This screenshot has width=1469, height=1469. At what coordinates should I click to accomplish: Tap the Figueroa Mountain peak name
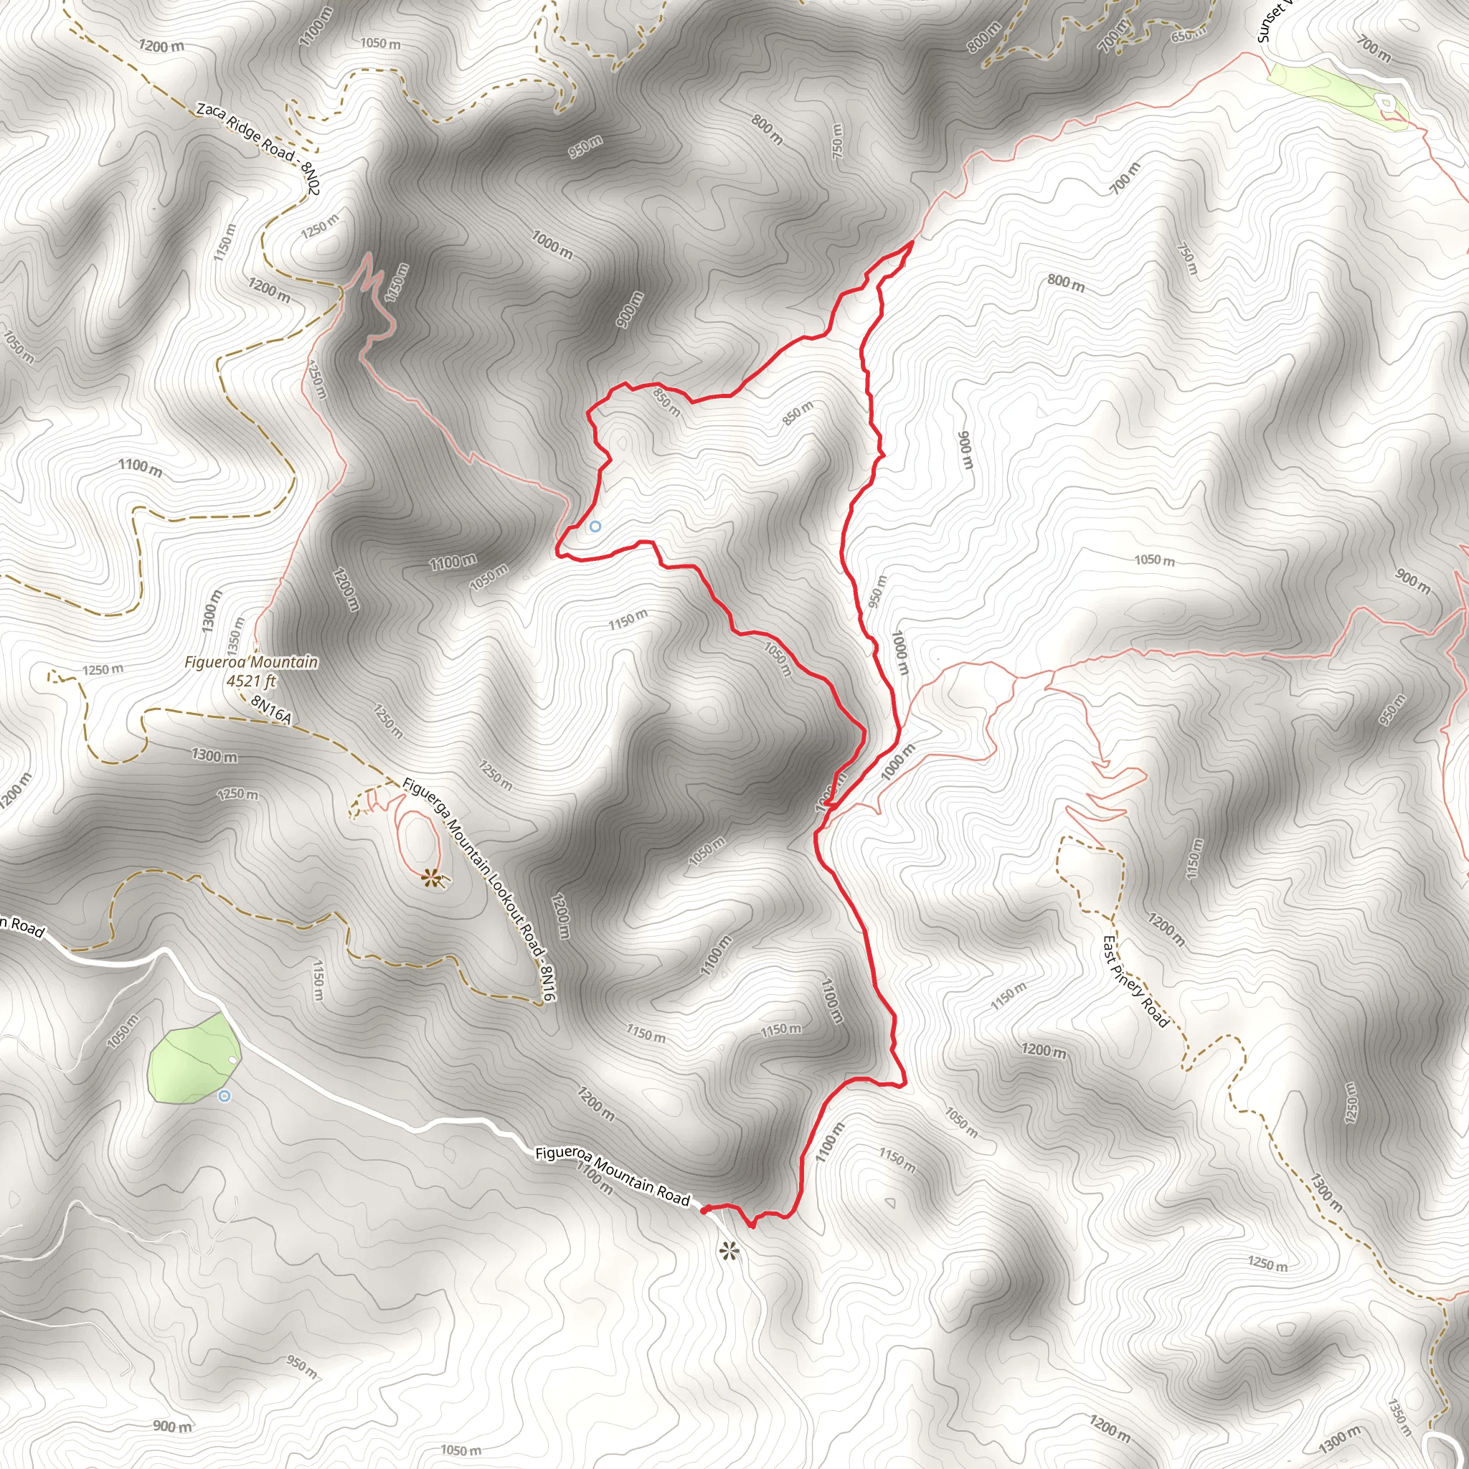251,662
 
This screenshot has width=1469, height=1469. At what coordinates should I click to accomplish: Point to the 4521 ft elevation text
251,681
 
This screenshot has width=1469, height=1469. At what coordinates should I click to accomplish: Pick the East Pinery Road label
1135,981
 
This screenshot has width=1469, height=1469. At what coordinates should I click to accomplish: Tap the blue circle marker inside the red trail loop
595,526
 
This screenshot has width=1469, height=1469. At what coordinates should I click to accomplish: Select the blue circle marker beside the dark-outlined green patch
224,1096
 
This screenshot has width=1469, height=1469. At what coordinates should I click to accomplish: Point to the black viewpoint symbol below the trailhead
729,1251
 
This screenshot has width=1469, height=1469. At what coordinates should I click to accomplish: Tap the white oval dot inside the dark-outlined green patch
232,1060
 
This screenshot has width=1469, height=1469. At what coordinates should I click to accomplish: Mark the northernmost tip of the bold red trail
912,242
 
